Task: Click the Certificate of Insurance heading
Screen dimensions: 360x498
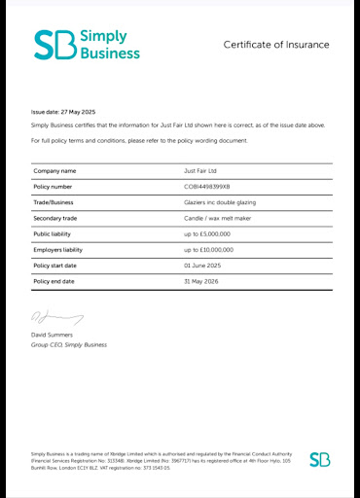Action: [276, 45]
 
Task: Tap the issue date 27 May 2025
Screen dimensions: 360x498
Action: [77, 113]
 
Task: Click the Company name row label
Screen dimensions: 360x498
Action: [54, 171]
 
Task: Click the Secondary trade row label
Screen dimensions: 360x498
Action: [57, 218]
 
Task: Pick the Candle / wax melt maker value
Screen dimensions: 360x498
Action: [219, 218]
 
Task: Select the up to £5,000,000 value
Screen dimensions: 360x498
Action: [208, 234]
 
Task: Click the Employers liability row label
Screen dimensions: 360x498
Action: [58, 250]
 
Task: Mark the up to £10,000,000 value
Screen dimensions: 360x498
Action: [209, 250]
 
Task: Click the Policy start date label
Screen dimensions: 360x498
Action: [57, 266]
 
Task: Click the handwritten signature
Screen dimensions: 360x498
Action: [56, 316]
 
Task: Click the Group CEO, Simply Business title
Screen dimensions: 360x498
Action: [69, 345]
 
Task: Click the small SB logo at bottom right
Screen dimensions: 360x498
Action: [319, 459]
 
